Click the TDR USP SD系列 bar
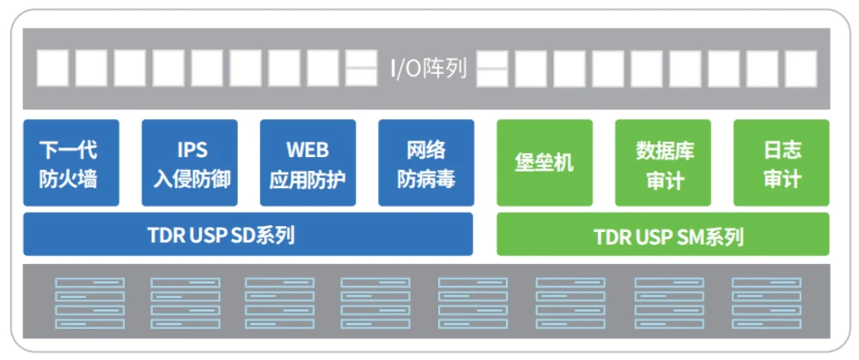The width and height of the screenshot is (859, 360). click(x=247, y=235)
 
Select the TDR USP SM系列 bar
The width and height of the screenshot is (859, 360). click(x=662, y=235)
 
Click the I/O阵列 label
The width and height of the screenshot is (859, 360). click(x=428, y=69)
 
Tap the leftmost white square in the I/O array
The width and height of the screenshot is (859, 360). click(x=52, y=69)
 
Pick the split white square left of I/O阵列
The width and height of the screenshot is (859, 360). click(x=361, y=69)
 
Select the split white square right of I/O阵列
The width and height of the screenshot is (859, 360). click(x=492, y=69)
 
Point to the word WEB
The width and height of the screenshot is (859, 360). click(x=308, y=150)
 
